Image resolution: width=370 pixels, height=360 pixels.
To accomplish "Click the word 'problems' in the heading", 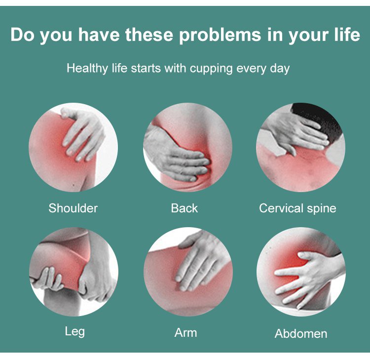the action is [220, 36].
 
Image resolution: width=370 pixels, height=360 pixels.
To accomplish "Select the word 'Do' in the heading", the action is [22, 35].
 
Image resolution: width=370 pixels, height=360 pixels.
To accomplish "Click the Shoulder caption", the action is [73, 208].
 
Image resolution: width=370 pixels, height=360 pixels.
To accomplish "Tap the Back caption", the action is [185, 208].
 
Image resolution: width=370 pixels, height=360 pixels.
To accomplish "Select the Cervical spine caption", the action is [297, 208].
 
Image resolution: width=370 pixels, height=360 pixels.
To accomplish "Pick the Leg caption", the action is [75, 332].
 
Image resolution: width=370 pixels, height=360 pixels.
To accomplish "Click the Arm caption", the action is [185, 333].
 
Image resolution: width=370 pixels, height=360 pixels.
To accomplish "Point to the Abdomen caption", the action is [301, 334].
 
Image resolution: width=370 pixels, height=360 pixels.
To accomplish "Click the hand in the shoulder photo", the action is [83, 135].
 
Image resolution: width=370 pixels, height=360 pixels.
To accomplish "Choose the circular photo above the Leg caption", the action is [74, 272].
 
